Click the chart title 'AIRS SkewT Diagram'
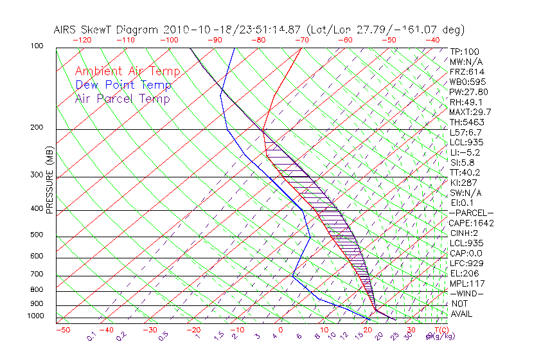click(107, 30)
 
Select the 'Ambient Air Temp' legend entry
click(127, 71)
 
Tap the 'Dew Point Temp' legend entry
click(123, 85)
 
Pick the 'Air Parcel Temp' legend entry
click(122, 98)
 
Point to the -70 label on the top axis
click(301, 40)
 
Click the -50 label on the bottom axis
click(62, 330)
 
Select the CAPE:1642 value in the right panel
click(470, 223)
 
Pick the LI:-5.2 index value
click(465, 152)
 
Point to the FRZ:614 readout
click(467, 71)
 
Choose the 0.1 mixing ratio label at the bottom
click(91, 336)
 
